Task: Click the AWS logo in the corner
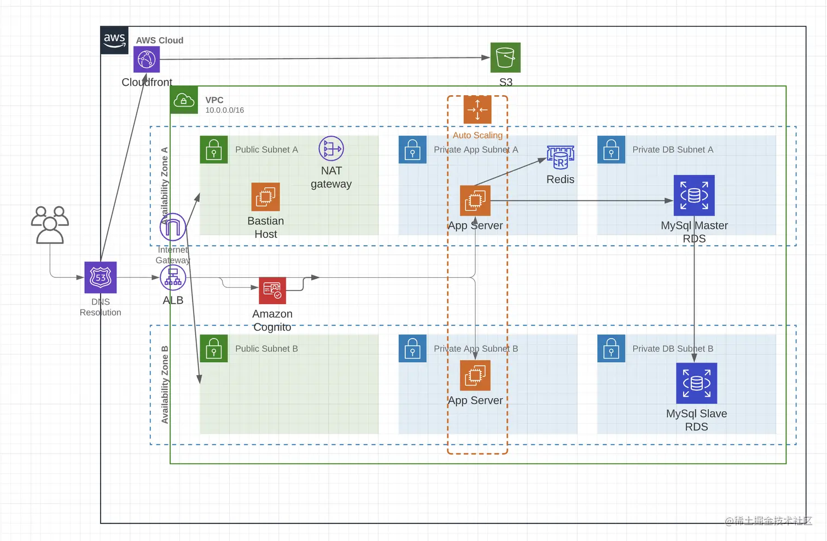coord(114,40)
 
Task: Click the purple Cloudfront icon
coord(147,59)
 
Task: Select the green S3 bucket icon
coord(505,57)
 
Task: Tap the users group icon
coord(50,225)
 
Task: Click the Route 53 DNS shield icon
coord(101,277)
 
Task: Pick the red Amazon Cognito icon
coord(272,290)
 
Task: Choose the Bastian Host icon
coord(266,197)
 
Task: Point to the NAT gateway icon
coord(331,149)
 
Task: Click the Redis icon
coord(561,158)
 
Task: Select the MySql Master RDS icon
coord(694,196)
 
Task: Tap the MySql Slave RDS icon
coord(696,383)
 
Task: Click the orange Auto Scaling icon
coord(477,110)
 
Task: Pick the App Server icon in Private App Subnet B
coord(475,375)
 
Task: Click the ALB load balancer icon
coord(173,278)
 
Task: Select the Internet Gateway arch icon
coord(173,227)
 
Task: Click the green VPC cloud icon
coord(184,100)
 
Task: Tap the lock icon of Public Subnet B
coord(214,349)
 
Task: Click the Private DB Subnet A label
coord(673,150)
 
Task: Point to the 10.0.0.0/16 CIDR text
coord(225,110)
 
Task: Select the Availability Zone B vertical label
coord(165,385)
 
